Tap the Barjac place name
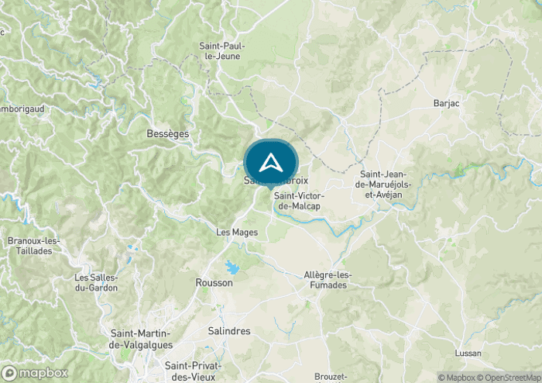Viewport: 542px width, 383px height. tap(447, 102)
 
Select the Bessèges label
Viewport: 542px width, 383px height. tap(167, 134)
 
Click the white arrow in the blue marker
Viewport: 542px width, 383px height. tap(270, 163)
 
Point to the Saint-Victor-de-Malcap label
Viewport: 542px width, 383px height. tap(299, 201)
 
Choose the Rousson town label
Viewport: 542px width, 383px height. tap(214, 283)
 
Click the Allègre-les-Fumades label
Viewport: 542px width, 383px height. tap(328, 280)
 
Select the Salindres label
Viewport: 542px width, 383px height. tap(228, 331)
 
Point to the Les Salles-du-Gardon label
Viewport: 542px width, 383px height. tap(96, 283)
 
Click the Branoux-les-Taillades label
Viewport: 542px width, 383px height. tap(33, 246)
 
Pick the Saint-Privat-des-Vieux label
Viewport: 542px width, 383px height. tap(193, 371)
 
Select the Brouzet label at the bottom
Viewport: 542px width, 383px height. tap(331, 377)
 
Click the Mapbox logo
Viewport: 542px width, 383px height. tap(35, 373)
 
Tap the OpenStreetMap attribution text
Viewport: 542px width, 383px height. tap(512, 378)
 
